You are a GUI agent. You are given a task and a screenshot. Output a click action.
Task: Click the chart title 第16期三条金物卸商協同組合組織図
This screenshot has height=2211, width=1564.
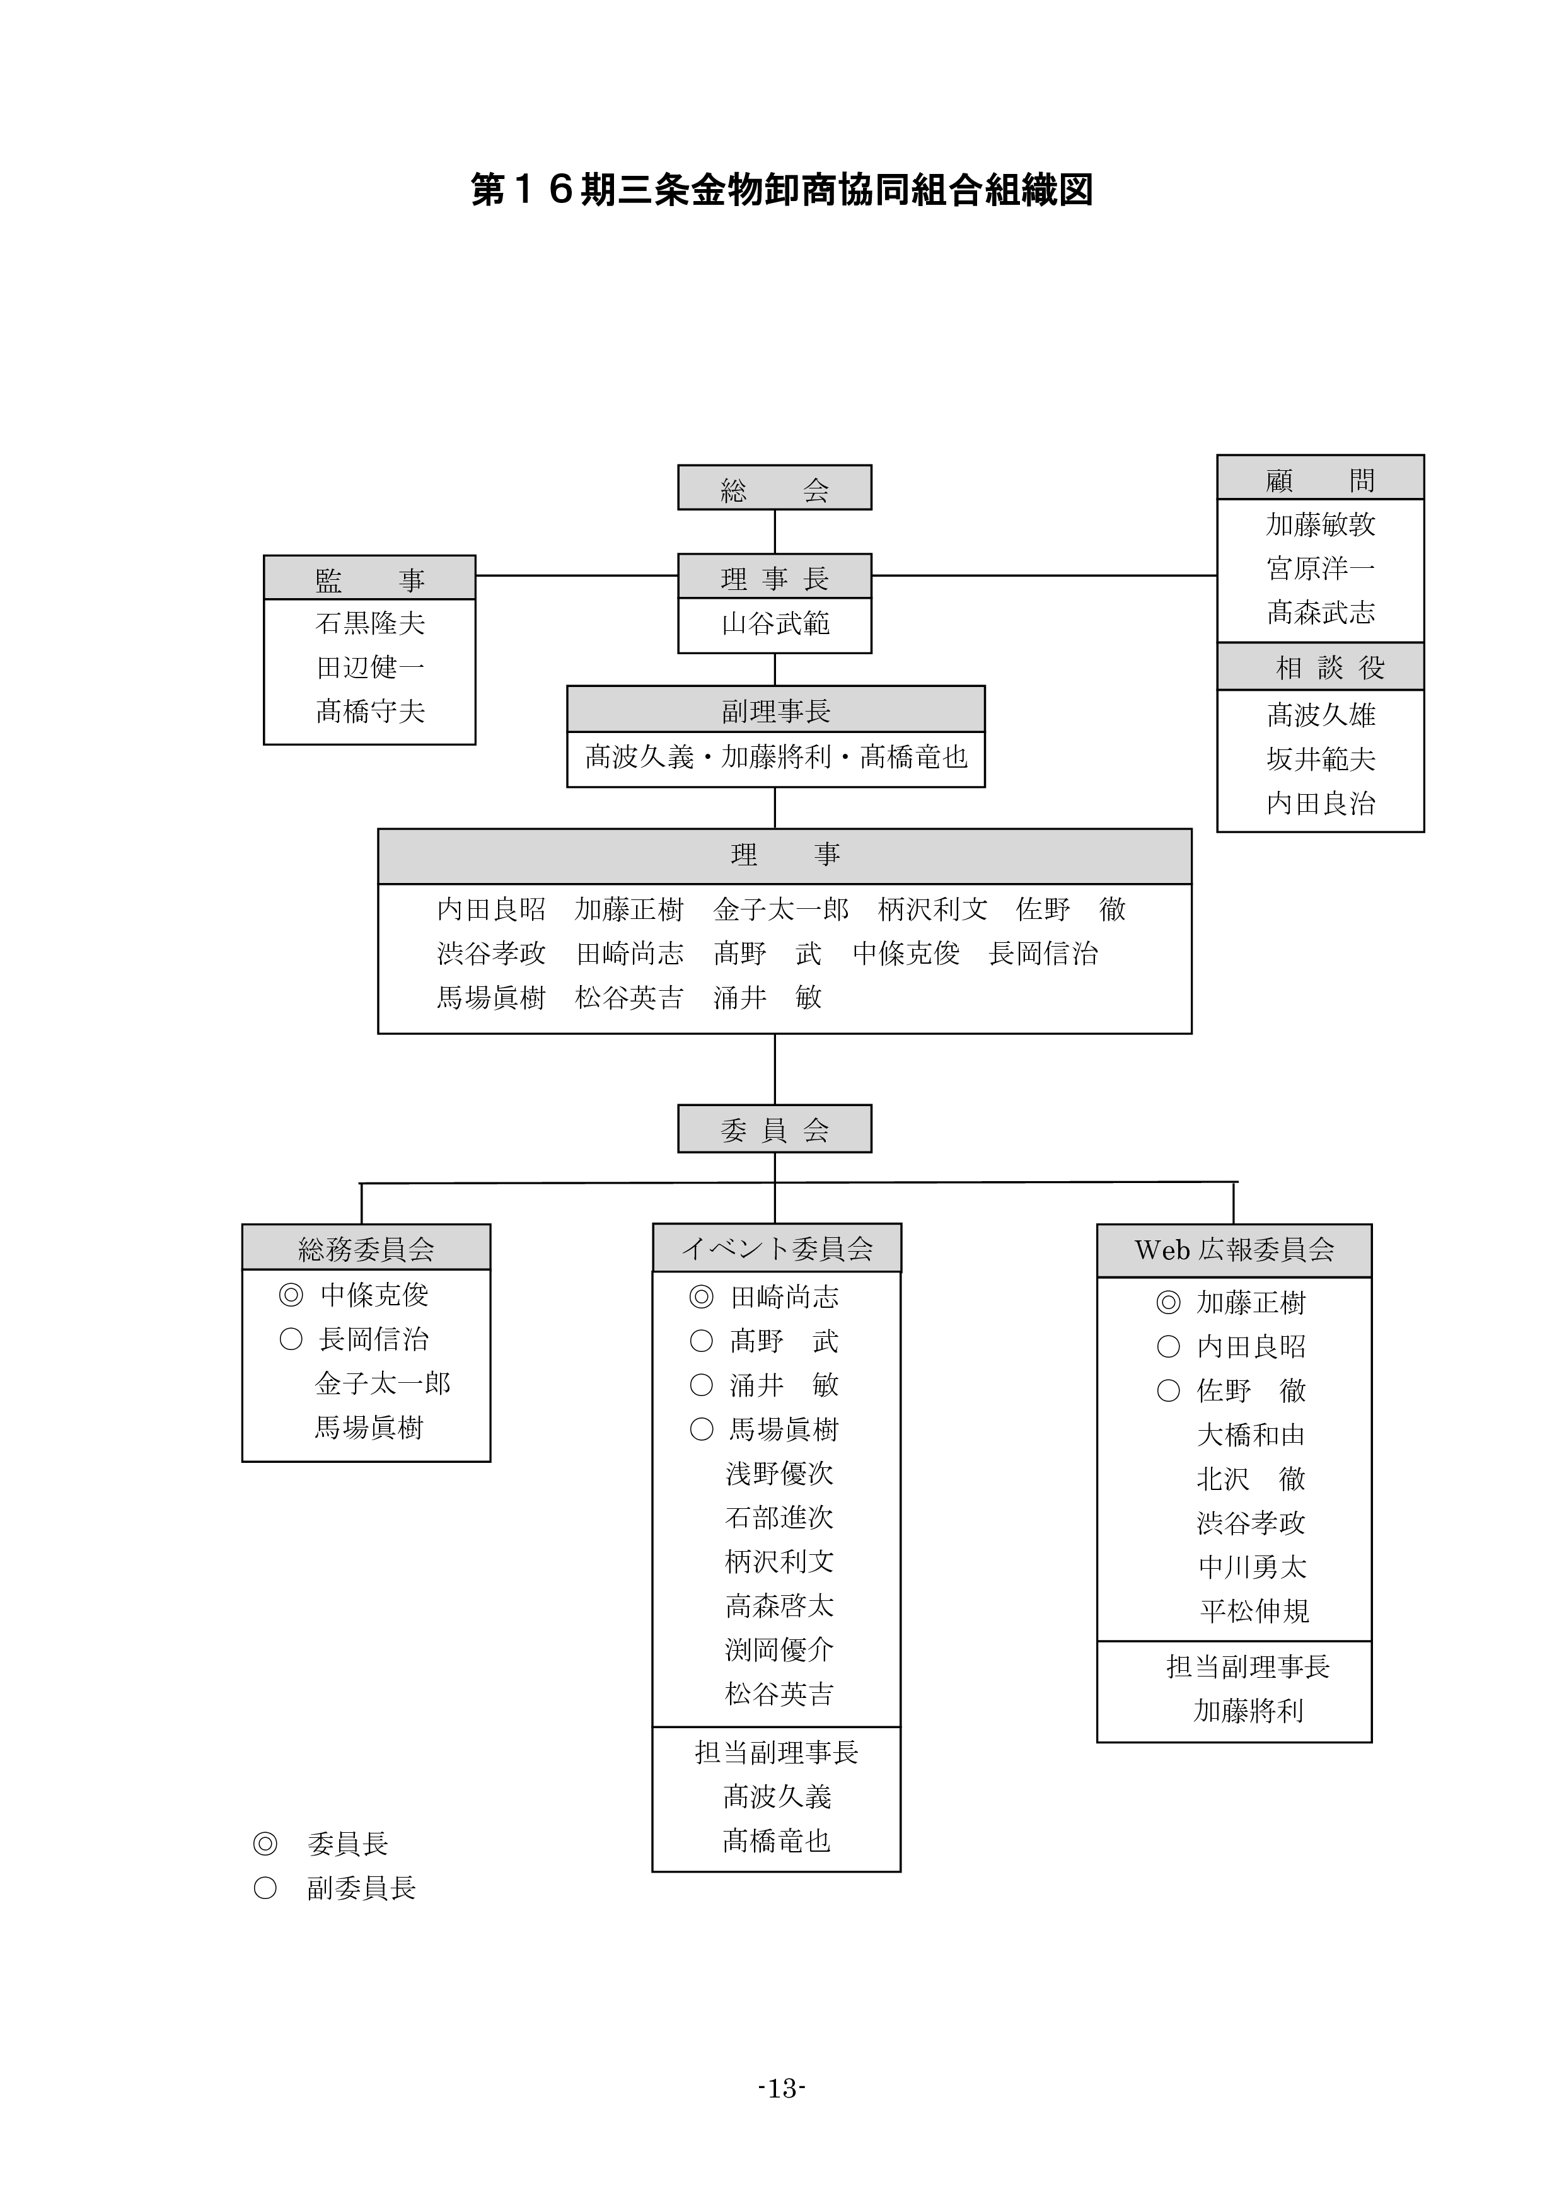[x=781, y=190]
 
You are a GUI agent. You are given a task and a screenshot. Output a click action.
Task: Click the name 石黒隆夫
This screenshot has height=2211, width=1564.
[x=370, y=624]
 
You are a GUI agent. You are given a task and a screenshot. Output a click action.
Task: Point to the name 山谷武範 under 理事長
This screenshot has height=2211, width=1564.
[x=775, y=624]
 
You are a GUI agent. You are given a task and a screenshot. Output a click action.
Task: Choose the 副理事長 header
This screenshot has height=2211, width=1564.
[x=775, y=711]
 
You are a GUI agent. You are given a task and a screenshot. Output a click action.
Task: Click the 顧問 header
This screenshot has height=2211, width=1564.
[x=1319, y=478]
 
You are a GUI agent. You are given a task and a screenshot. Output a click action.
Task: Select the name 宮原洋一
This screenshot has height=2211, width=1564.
[x=1320, y=568]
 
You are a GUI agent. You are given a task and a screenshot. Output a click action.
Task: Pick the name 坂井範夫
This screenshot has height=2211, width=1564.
[x=1320, y=759]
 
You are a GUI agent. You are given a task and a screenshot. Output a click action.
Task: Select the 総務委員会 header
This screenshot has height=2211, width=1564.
[x=366, y=1249]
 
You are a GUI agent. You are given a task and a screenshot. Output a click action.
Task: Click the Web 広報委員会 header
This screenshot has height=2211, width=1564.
[x=1234, y=1250]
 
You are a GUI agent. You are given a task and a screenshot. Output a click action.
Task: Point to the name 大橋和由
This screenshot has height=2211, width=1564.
[x=1250, y=1435]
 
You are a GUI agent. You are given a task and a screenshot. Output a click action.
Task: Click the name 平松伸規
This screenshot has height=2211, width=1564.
[x=1254, y=1611]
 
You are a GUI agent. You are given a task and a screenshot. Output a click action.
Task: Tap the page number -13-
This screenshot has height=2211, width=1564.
[x=781, y=2087]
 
